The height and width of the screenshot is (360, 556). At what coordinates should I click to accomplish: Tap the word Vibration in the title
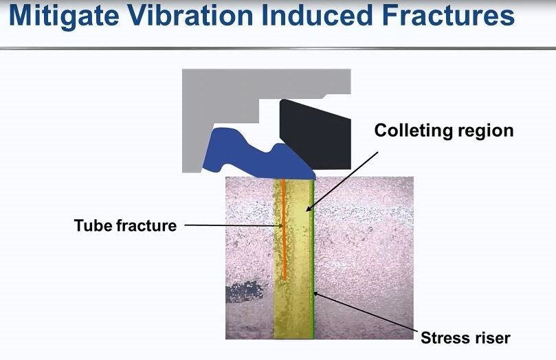[190, 15]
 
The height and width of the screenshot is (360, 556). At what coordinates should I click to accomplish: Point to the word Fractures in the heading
[448, 15]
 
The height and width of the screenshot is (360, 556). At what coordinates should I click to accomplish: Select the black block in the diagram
[315, 135]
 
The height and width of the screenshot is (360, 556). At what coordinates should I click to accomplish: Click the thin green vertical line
[313, 258]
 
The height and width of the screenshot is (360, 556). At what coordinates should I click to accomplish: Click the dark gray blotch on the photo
[245, 291]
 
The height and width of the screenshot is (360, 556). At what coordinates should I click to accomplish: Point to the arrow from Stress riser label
[365, 312]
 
